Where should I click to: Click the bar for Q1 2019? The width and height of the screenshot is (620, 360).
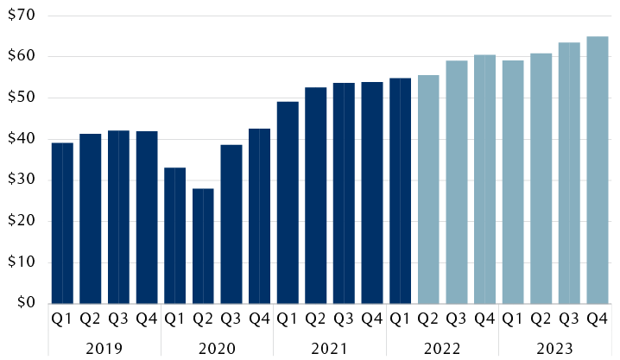pos(62,223)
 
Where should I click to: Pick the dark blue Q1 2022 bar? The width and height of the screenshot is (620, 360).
pos(400,191)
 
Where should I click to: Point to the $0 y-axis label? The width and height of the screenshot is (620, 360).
pos(24,303)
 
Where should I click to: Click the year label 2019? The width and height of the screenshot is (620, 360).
pos(104,348)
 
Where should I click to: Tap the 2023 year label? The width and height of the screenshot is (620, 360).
pos(554,348)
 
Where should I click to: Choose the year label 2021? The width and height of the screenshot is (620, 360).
pos(329,348)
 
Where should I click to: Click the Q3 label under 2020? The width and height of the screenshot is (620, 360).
pos(231,319)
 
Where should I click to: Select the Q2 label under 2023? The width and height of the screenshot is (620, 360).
pos(541,319)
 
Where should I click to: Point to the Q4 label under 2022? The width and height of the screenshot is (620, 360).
pos(484,319)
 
